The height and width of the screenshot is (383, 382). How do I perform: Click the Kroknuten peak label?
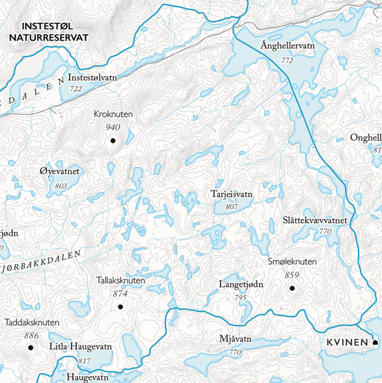(113, 115)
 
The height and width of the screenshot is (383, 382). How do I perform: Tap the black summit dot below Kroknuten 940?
(113, 141)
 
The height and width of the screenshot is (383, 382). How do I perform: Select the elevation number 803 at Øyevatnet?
(61, 186)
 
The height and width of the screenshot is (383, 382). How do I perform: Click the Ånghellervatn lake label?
(287, 46)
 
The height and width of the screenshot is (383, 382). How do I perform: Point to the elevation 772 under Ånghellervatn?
(287, 60)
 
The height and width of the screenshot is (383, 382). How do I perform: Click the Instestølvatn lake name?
(92, 78)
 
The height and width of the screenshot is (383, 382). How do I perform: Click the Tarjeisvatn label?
(232, 194)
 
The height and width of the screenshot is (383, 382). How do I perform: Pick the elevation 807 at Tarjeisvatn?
(232, 207)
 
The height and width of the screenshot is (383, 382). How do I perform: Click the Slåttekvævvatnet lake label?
(315, 220)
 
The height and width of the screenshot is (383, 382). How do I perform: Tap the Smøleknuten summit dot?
(292, 288)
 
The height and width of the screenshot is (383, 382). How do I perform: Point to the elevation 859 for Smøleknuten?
(292, 275)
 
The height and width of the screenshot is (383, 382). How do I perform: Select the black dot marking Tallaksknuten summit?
(120, 307)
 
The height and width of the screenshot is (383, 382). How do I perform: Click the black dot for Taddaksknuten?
(31, 348)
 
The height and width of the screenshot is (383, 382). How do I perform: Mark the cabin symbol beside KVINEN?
(375, 342)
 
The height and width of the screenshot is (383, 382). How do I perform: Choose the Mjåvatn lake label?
(235, 339)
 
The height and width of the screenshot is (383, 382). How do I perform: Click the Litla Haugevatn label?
(81, 346)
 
